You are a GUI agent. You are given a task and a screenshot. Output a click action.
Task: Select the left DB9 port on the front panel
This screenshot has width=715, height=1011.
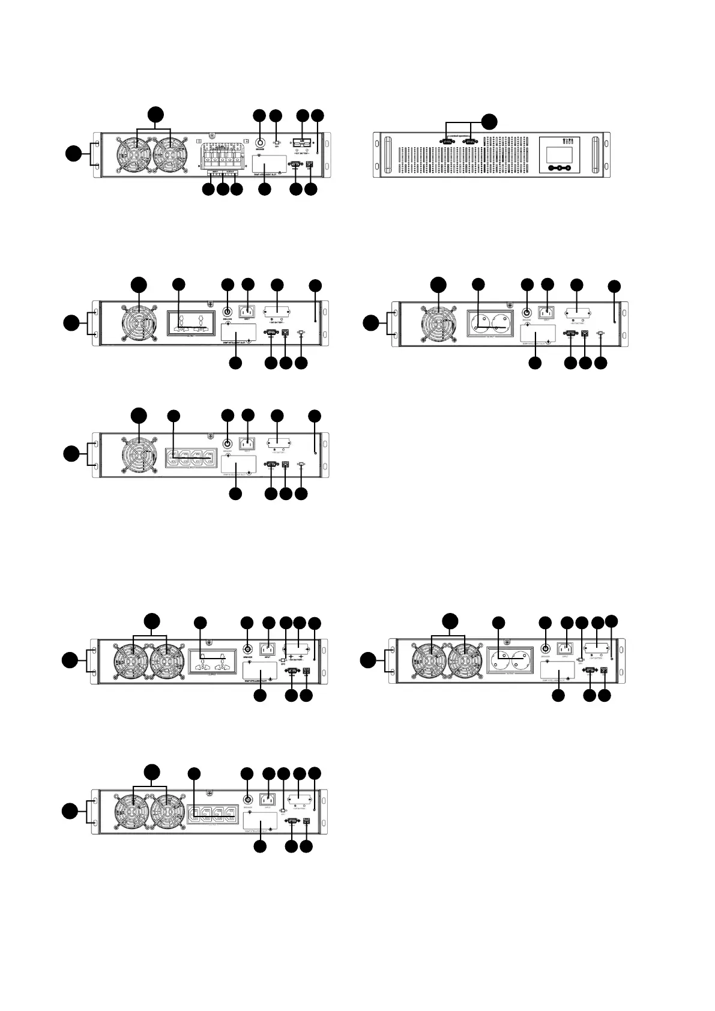[447, 141]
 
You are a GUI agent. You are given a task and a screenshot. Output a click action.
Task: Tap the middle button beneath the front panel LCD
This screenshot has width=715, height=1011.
[559, 169]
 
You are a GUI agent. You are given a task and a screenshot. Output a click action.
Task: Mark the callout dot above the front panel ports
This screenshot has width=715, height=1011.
[490, 120]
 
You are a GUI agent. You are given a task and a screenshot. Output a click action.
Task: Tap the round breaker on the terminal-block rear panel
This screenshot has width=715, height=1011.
[260, 143]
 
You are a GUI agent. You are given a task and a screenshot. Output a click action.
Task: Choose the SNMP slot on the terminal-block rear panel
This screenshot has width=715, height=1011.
[268, 163]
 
